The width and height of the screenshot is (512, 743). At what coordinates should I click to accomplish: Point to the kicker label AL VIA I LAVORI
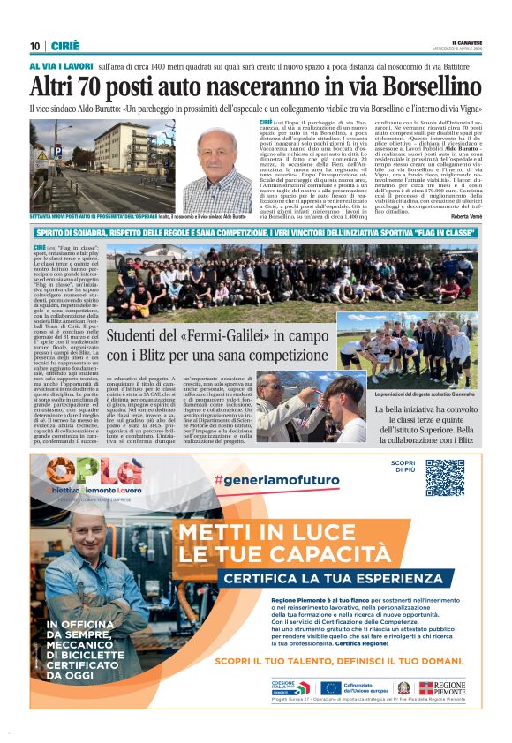click(x=60, y=66)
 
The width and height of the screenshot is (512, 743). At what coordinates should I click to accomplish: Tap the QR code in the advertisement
click(x=445, y=478)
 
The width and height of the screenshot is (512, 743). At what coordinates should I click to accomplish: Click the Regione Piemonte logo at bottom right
click(x=442, y=687)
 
